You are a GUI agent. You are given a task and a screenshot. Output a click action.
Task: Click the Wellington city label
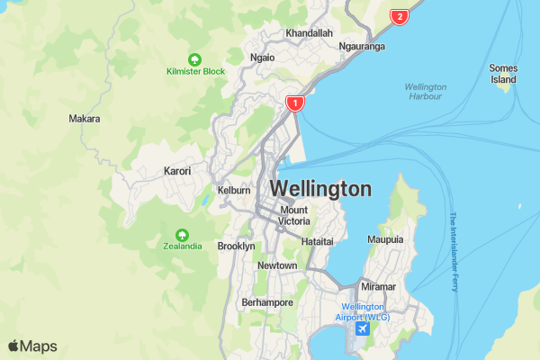pos(319,189)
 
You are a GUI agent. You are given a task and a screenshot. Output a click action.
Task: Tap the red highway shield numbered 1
pos(294,103)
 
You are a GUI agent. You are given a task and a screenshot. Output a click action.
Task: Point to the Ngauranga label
pos(363,46)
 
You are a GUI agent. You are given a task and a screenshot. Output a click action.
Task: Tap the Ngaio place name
pos(263,57)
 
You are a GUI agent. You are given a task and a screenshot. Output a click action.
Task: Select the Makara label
pos(85,119)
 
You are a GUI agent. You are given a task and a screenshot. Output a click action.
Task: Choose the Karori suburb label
pos(177,171)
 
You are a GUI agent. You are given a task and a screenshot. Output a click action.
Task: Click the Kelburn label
pos(232,190)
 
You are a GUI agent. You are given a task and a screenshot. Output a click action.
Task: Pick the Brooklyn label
pos(237,246)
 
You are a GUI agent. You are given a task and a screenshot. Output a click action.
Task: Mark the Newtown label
pos(277,265)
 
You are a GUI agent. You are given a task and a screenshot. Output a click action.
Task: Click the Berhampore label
pos(267,302)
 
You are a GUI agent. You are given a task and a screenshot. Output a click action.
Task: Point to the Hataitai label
pos(317,242)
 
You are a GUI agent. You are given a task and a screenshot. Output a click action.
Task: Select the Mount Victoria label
pos(294,215)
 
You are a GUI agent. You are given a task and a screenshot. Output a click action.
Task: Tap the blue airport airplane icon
pos(363,328)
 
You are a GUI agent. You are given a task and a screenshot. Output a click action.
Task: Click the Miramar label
pos(378,286)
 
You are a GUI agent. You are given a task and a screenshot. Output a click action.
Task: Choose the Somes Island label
pos(503,73)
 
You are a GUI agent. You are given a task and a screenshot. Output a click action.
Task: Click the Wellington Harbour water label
pos(425,92)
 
